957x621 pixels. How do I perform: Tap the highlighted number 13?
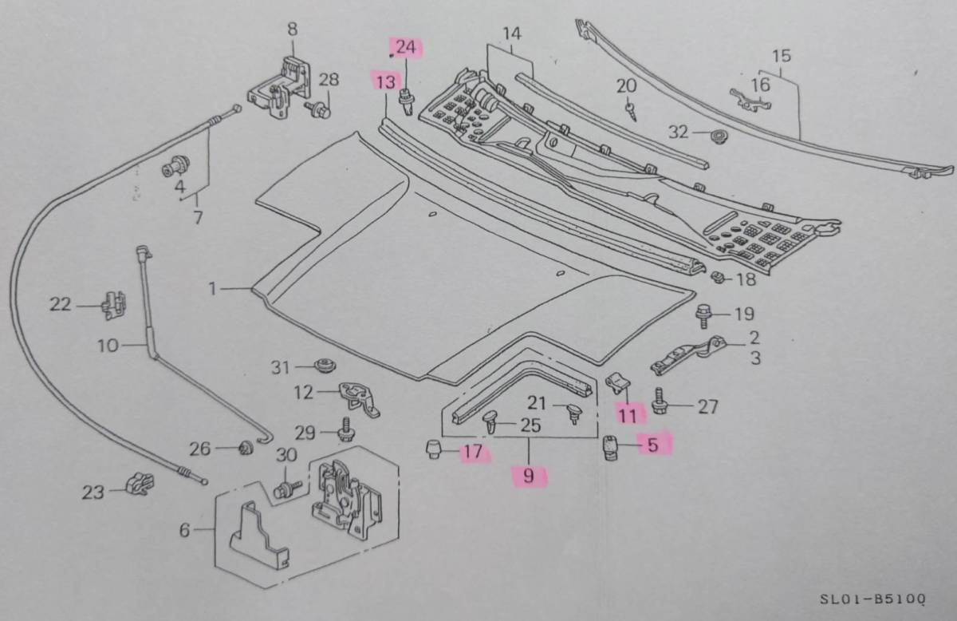(x=385, y=81)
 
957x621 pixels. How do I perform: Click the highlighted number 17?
(x=473, y=453)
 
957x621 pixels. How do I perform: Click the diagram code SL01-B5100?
(x=872, y=598)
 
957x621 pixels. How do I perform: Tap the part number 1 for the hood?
(x=213, y=289)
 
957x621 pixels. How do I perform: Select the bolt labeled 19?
(x=703, y=315)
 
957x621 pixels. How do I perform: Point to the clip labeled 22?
(x=112, y=303)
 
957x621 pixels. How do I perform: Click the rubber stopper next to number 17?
(x=434, y=449)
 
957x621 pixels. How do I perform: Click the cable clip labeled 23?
(x=140, y=484)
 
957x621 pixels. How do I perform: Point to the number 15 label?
(x=782, y=56)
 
